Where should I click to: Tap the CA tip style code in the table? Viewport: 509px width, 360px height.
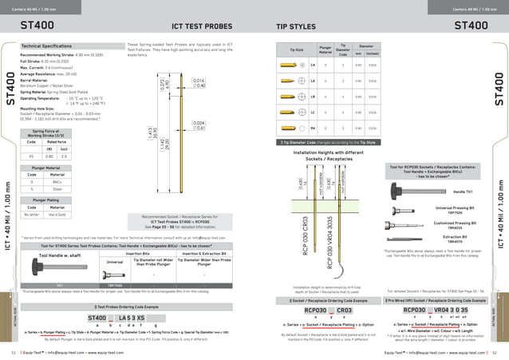coord(313,64)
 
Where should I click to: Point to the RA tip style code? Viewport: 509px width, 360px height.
coord(313,127)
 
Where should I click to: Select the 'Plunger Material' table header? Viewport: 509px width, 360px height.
coord(46,168)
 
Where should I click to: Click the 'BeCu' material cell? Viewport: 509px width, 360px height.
coord(63,182)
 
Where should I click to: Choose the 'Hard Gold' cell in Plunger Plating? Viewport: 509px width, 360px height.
coord(63,214)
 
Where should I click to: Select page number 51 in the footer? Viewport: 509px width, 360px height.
coord(14,351)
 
